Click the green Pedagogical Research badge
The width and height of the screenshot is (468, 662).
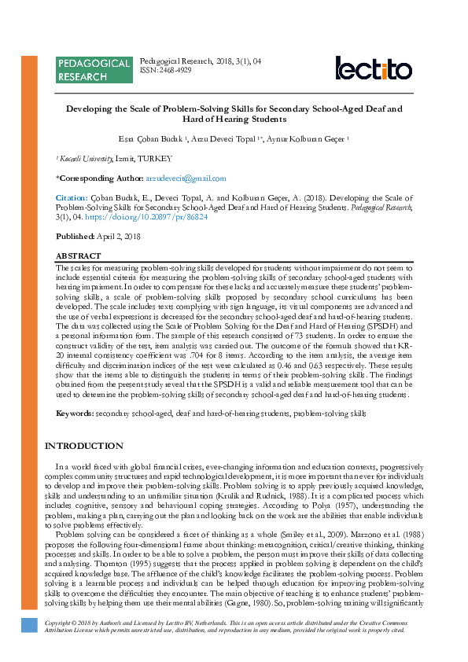click(x=94, y=70)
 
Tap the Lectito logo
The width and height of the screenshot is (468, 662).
click(x=373, y=68)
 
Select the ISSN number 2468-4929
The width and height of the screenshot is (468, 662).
click(x=175, y=70)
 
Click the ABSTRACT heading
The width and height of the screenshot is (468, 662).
click(x=78, y=256)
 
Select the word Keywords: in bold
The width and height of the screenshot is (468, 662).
click(x=75, y=414)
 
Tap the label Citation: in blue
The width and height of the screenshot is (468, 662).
click(x=72, y=198)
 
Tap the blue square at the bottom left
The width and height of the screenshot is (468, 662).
click(x=29, y=624)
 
